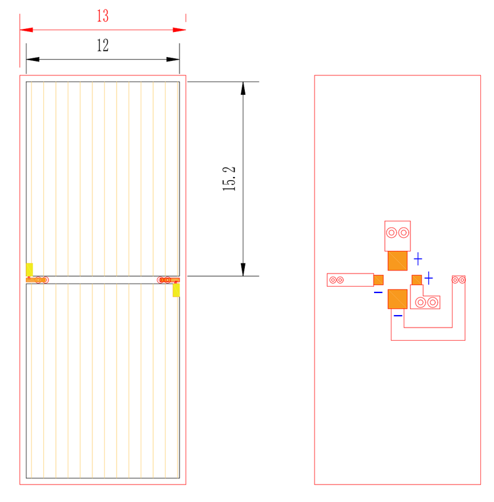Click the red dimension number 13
pos(103,16)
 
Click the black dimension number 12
pos(103,45)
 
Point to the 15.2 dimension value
pos(229,179)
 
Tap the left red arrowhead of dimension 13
pos(26,29)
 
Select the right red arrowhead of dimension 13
pos(180,29)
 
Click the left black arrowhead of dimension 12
pos(33,59)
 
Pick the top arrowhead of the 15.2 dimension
pos(243,88)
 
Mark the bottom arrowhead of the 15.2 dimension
pos(243,270)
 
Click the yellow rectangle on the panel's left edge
pos(30,270)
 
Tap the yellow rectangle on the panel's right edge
pos(176,290)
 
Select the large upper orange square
pos(397,260)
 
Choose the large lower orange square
pos(397,299)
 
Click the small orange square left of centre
pos(379,280)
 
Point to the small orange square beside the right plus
pos(417,280)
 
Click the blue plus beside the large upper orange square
pos(418,259)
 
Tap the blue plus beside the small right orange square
pos(428,278)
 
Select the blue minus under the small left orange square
pos(378,292)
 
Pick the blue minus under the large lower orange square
pos(398,316)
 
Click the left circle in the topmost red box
pos(392,233)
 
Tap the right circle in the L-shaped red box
pos(432,302)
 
